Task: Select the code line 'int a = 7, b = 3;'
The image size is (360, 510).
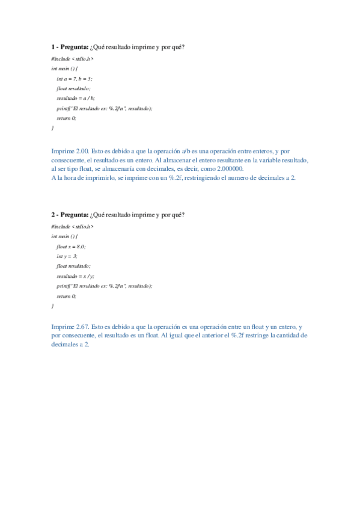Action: (x=75, y=79)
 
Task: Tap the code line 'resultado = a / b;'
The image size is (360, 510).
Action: (x=76, y=98)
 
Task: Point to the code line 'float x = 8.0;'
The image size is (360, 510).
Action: (x=71, y=247)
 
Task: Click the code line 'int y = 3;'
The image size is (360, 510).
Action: (x=67, y=256)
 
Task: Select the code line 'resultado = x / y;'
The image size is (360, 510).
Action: (x=76, y=276)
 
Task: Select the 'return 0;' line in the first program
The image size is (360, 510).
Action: (x=67, y=118)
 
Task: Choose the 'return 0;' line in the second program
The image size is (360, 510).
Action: (x=67, y=296)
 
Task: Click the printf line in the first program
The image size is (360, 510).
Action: (x=105, y=108)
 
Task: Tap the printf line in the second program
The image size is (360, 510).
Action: (x=105, y=286)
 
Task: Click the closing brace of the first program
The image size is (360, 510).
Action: (x=53, y=128)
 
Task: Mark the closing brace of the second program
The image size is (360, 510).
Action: (x=53, y=306)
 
